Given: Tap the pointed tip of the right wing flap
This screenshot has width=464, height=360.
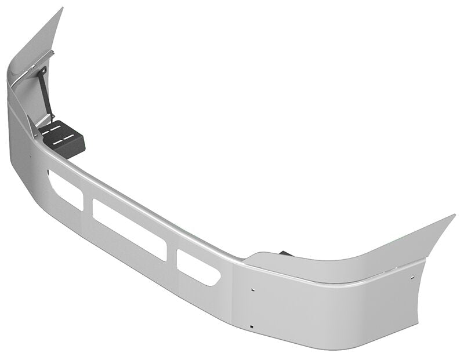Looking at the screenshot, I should [454, 216].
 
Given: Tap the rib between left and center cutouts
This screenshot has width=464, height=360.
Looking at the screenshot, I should [87, 202].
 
